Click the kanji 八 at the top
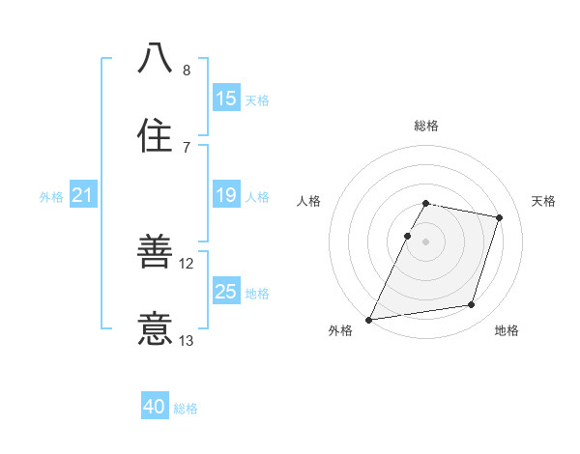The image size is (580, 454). pyautogui.click(x=155, y=59)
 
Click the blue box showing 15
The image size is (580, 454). pyautogui.click(x=226, y=98)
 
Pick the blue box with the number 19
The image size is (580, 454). pyautogui.click(x=226, y=195)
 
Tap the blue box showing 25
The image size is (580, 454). pyautogui.click(x=226, y=291)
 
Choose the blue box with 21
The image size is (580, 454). pyautogui.click(x=83, y=195)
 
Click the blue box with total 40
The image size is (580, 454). pyautogui.click(x=155, y=407)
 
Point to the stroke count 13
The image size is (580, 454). pyautogui.click(x=188, y=340)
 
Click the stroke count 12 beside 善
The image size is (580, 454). pyautogui.click(x=188, y=264)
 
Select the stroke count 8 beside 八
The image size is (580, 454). pyautogui.click(x=187, y=71)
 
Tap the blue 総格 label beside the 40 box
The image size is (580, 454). pyautogui.click(x=187, y=409)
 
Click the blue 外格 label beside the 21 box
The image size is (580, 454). pyautogui.click(x=51, y=197)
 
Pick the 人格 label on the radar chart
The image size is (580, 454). pyautogui.click(x=308, y=201)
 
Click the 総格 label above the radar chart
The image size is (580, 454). pyautogui.click(x=425, y=126)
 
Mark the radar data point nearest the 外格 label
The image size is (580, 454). pyautogui.click(x=369, y=319)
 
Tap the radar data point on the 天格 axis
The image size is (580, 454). pyautogui.click(x=499, y=218)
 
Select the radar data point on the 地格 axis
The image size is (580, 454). pyautogui.click(x=472, y=305)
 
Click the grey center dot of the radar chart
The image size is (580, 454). pyautogui.click(x=425, y=241)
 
